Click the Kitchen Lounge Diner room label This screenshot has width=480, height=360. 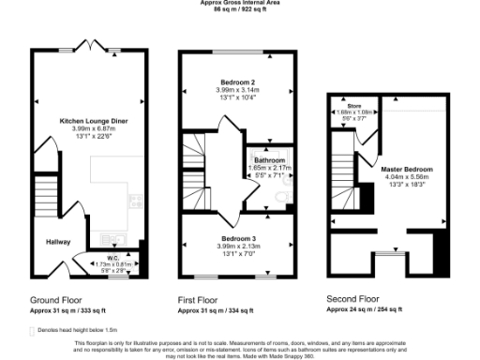pos(94,121)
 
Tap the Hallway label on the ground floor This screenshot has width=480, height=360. pos(59,241)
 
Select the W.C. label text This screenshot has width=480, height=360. pos(111,257)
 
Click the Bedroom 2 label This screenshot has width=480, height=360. pos(235,82)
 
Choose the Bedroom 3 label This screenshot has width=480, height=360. pos(235,239)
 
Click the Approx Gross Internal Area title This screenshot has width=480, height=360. pos(239,3)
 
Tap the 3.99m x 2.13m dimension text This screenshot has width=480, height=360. pos(235,247)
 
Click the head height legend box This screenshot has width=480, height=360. pos(32,331)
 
